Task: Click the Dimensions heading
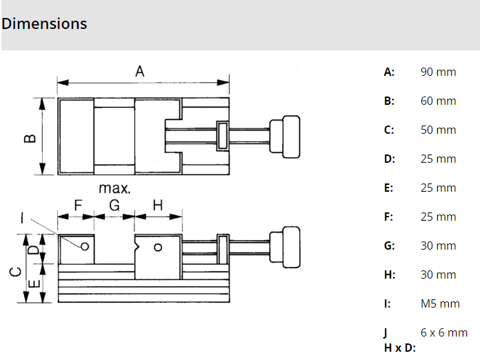(44, 23)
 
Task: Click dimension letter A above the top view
(140, 71)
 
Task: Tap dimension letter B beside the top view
(30, 137)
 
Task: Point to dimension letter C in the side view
(14, 271)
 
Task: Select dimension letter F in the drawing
(77, 205)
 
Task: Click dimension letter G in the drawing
(114, 205)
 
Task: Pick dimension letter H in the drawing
(157, 205)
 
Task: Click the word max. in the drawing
(114, 188)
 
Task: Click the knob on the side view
(285, 248)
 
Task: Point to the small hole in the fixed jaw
(86, 246)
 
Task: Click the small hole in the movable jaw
(158, 248)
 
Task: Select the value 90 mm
(438, 72)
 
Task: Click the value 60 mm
(438, 101)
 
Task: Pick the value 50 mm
(438, 130)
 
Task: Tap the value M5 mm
(440, 303)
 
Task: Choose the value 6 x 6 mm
(444, 332)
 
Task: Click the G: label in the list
(390, 246)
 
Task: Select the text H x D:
(400, 347)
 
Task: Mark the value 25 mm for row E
(438, 188)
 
